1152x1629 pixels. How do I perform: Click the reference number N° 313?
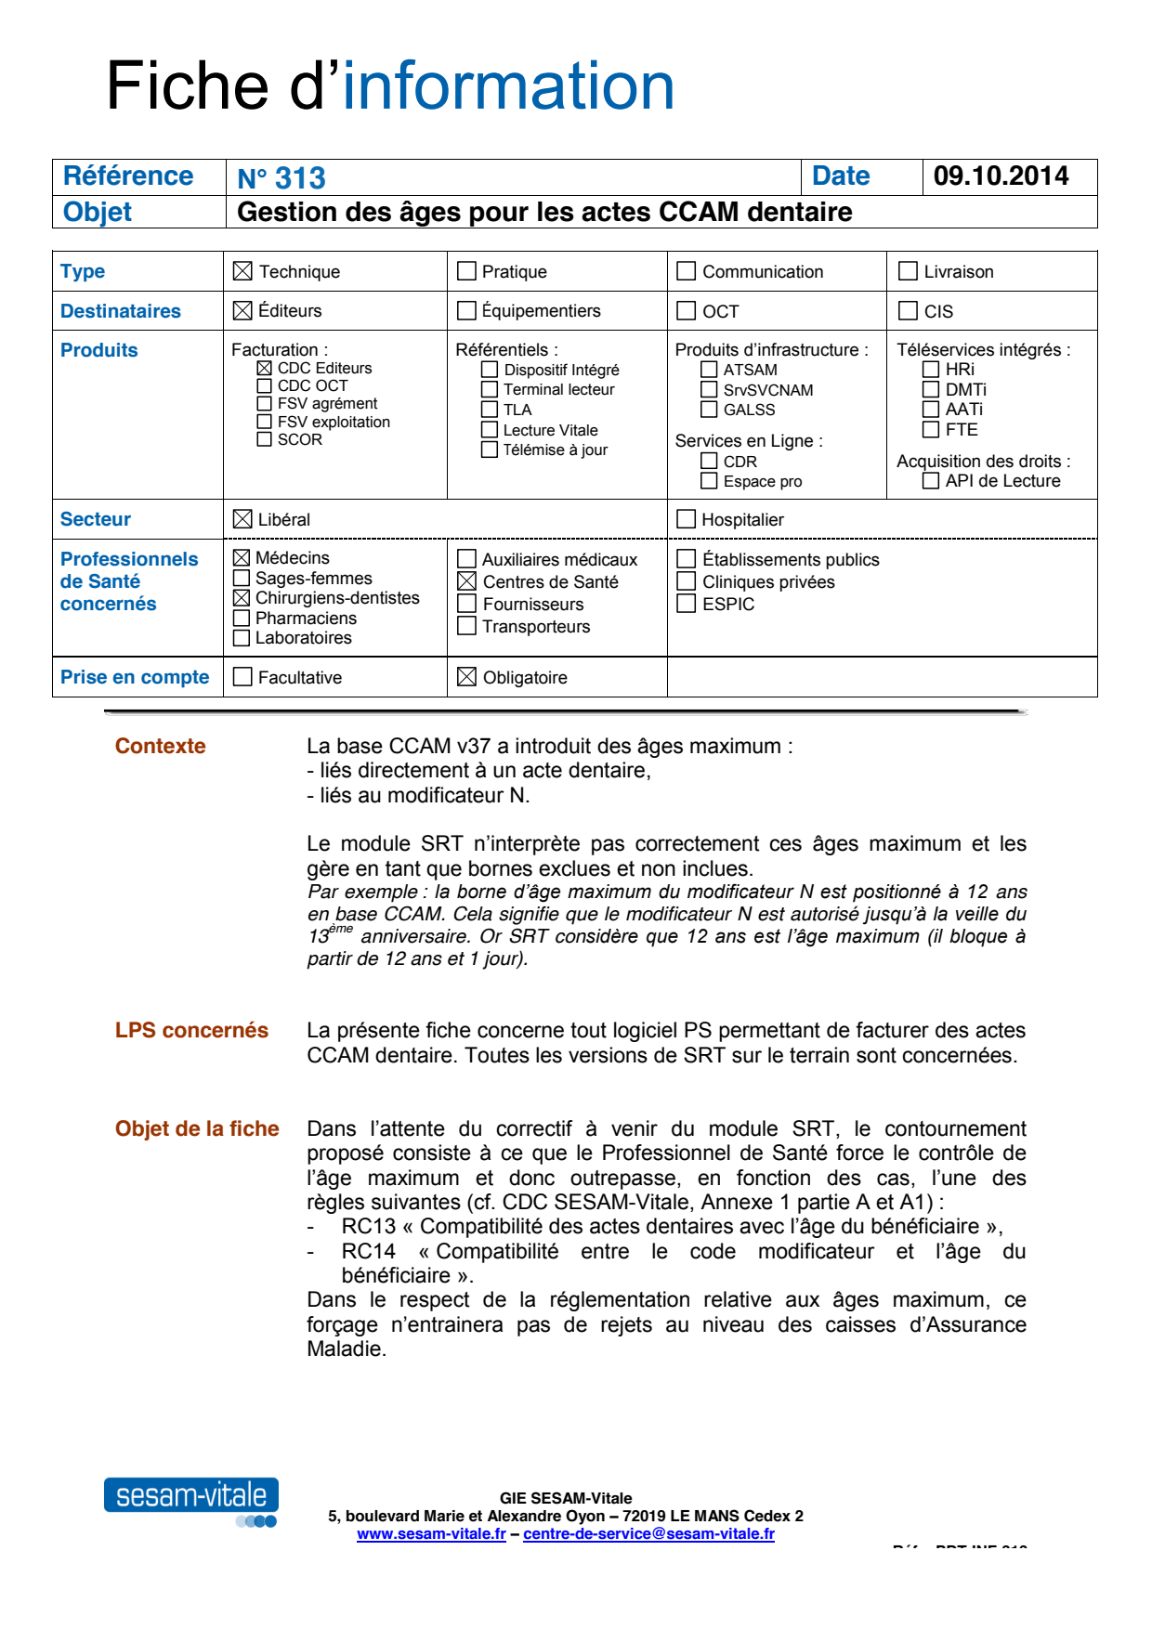[x=281, y=177]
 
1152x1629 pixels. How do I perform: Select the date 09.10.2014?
[x=1001, y=176]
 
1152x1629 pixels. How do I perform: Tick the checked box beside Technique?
[x=242, y=271]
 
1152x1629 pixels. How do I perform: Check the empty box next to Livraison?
[x=908, y=271]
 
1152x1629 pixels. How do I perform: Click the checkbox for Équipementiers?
[x=466, y=310]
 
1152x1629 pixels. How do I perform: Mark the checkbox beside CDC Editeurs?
[x=265, y=368]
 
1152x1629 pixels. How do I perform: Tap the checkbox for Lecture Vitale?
[x=490, y=429]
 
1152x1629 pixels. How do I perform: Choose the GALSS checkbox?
[x=709, y=410]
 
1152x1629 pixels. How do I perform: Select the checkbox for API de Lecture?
[x=930, y=480]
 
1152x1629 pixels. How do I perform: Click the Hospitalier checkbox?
[x=687, y=519]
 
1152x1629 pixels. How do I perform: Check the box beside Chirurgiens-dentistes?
[x=242, y=598]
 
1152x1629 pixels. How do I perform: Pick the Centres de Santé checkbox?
[x=466, y=581]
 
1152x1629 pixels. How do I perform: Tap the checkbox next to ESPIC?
[x=687, y=604]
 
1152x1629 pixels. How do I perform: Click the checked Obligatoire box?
[x=466, y=677]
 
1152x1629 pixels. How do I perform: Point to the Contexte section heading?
[x=160, y=746]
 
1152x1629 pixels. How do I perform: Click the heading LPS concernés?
[x=191, y=1030]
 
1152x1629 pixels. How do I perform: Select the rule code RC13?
[x=368, y=1226]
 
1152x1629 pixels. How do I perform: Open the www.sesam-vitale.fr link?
[x=431, y=1534]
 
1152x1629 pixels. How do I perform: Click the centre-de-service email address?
[x=648, y=1534]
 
